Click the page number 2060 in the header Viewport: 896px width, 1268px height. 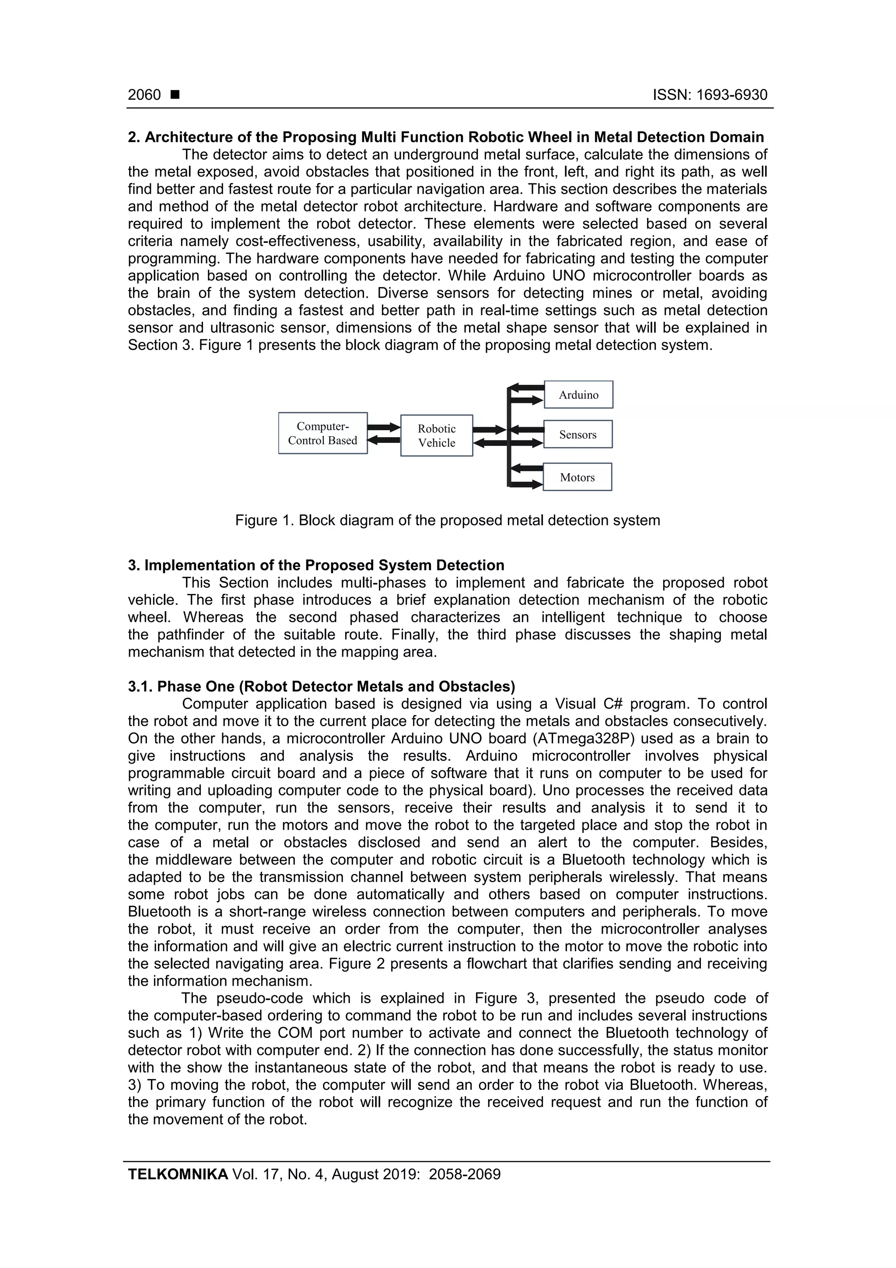tap(144, 95)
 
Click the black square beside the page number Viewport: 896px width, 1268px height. tap(175, 95)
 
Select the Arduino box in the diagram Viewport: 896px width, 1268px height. tap(578, 394)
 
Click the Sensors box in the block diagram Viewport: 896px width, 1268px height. tap(577, 434)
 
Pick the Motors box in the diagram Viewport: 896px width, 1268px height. tap(577, 477)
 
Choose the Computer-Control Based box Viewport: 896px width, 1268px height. tap(322, 433)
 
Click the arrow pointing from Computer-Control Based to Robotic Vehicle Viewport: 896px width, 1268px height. tap(384, 427)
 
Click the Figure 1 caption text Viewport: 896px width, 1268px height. tap(447, 520)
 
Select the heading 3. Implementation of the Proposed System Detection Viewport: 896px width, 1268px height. tap(316, 565)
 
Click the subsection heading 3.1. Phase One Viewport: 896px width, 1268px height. tap(321, 686)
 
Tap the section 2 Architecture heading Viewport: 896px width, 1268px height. tap(445, 137)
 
